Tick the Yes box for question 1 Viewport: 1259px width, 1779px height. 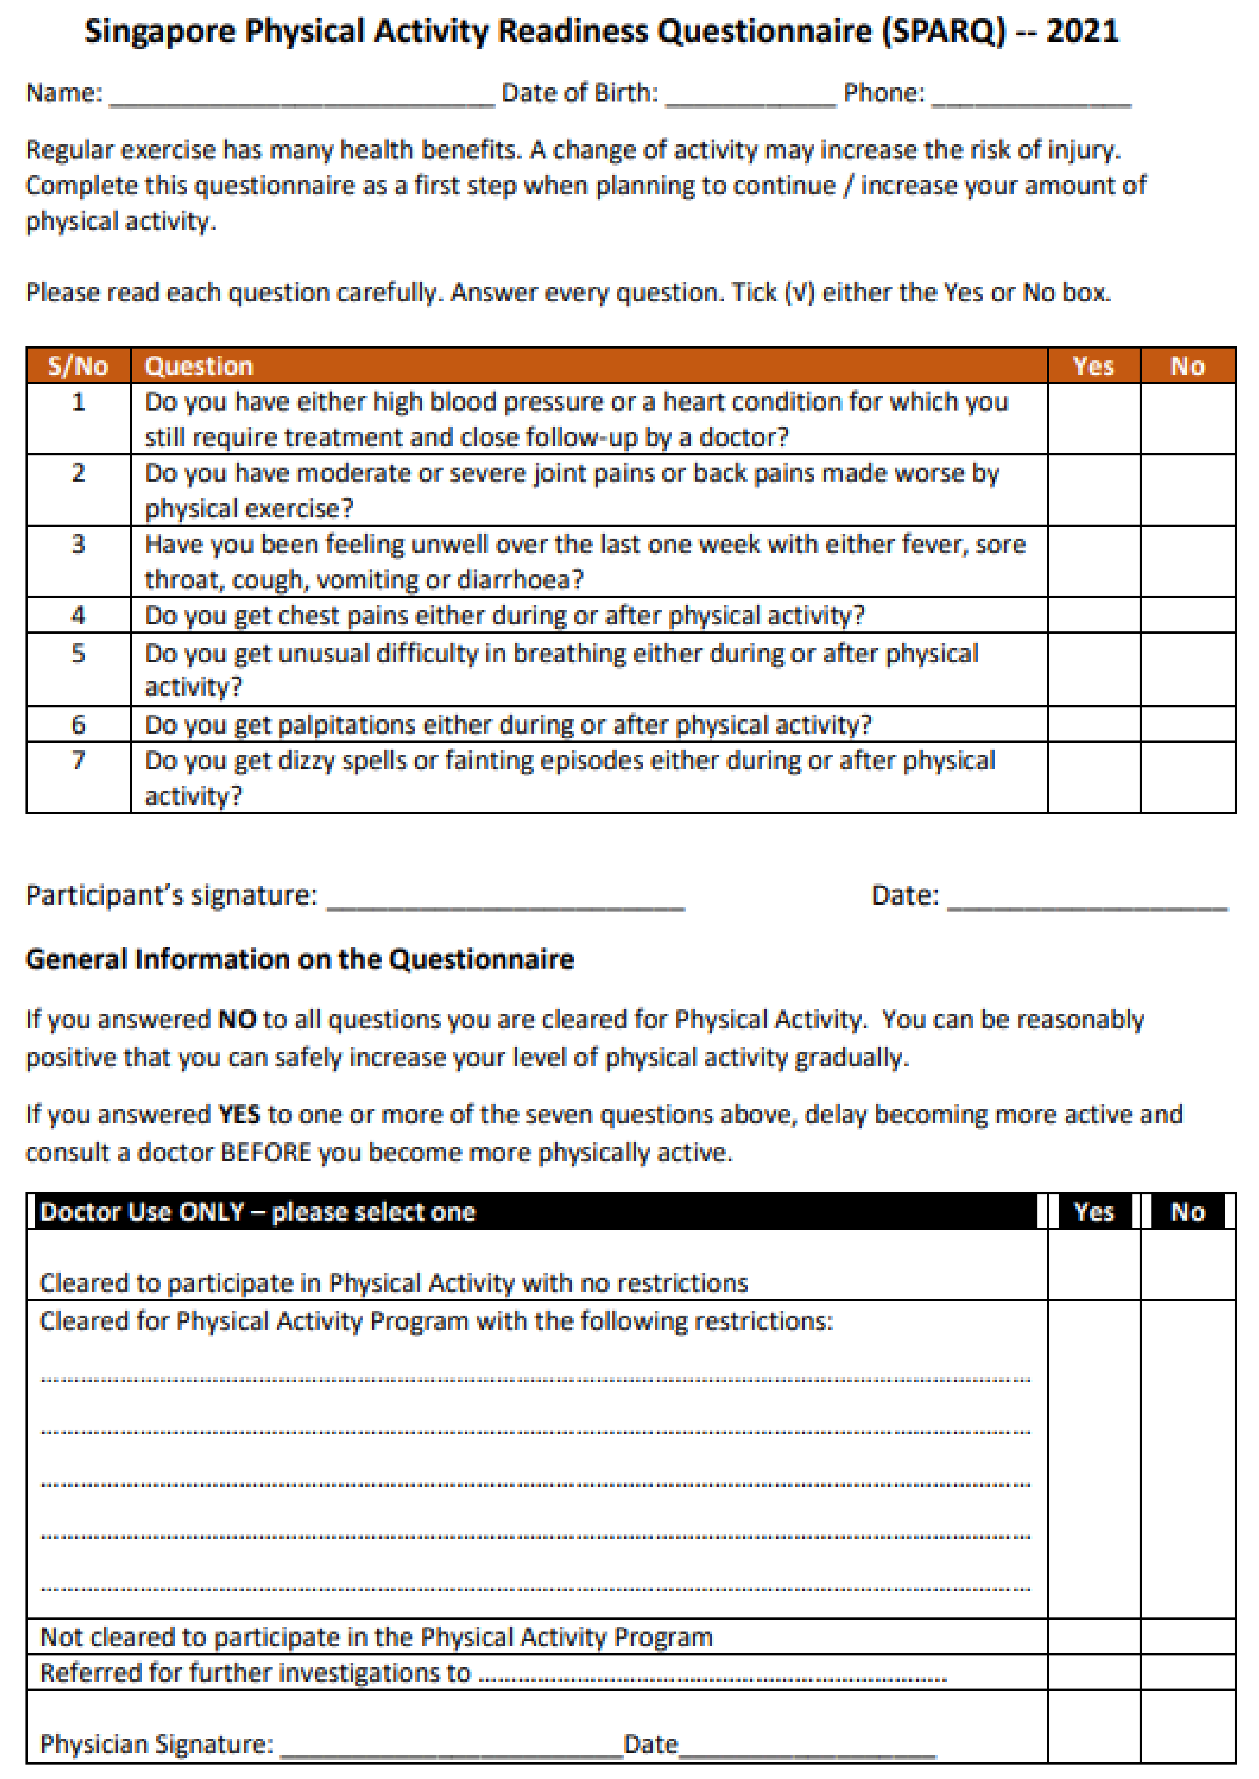click(x=1093, y=419)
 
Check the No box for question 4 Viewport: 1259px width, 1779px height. click(x=1188, y=615)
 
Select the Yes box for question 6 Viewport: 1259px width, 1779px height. click(x=1093, y=724)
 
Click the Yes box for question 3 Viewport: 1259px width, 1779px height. click(x=1093, y=561)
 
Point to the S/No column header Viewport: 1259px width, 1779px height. click(x=78, y=366)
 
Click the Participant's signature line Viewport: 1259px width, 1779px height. click(x=506, y=899)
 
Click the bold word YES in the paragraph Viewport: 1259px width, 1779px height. click(x=239, y=1115)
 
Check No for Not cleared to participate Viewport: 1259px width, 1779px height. click(x=1188, y=1636)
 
